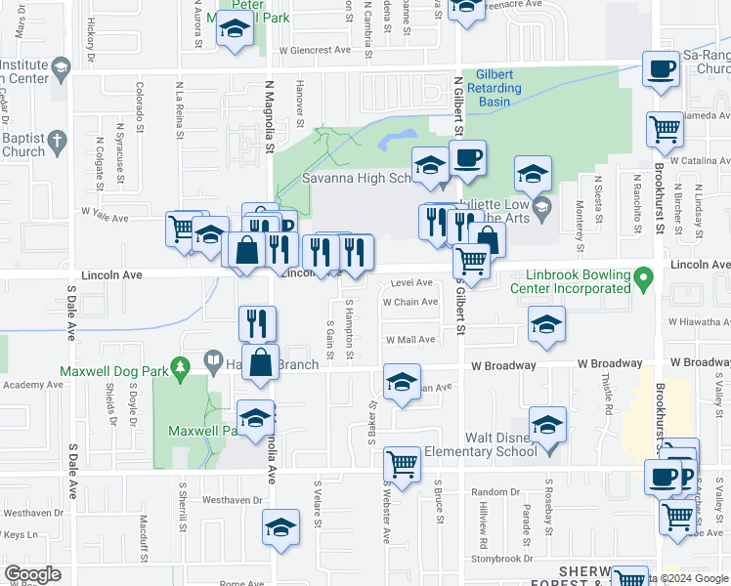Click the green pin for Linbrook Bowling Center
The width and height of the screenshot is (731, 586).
click(x=642, y=279)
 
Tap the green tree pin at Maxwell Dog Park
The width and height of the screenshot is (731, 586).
click(x=179, y=366)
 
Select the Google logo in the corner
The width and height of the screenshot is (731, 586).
click(x=32, y=574)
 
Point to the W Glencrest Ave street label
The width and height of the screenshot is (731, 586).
click(x=314, y=50)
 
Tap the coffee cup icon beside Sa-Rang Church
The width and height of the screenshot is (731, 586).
click(x=663, y=69)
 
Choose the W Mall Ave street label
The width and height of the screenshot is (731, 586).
click(x=410, y=340)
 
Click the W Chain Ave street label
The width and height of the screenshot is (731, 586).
click(x=410, y=302)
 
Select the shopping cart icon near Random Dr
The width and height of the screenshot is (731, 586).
click(x=402, y=465)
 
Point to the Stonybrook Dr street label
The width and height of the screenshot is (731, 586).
click(x=502, y=559)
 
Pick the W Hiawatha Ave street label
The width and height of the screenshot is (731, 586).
click(x=699, y=321)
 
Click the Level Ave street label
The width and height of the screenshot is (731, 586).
click(x=411, y=282)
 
